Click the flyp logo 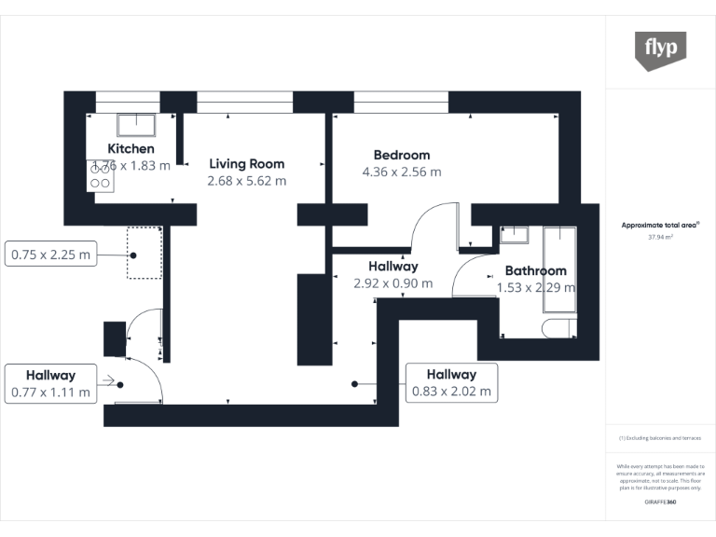pos(661,50)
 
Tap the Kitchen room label pos(131,149)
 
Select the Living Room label pos(246,164)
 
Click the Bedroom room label pos(402,155)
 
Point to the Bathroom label pos(535,271)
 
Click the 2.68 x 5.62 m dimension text pos(246,181)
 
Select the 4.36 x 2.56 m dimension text pos(402,172)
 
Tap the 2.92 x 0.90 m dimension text pos(392,283)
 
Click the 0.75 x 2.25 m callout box pos(51,254)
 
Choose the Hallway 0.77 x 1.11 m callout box pos(51,383)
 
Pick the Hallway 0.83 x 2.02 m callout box pos(451,383)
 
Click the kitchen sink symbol pos(136,125)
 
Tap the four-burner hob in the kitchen pos(101,176)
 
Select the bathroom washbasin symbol pos(514,235)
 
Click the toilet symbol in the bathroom pos(558,327)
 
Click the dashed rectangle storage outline pos(145,252)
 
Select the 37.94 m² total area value pos(661,238)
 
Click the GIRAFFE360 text pos(661,503)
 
